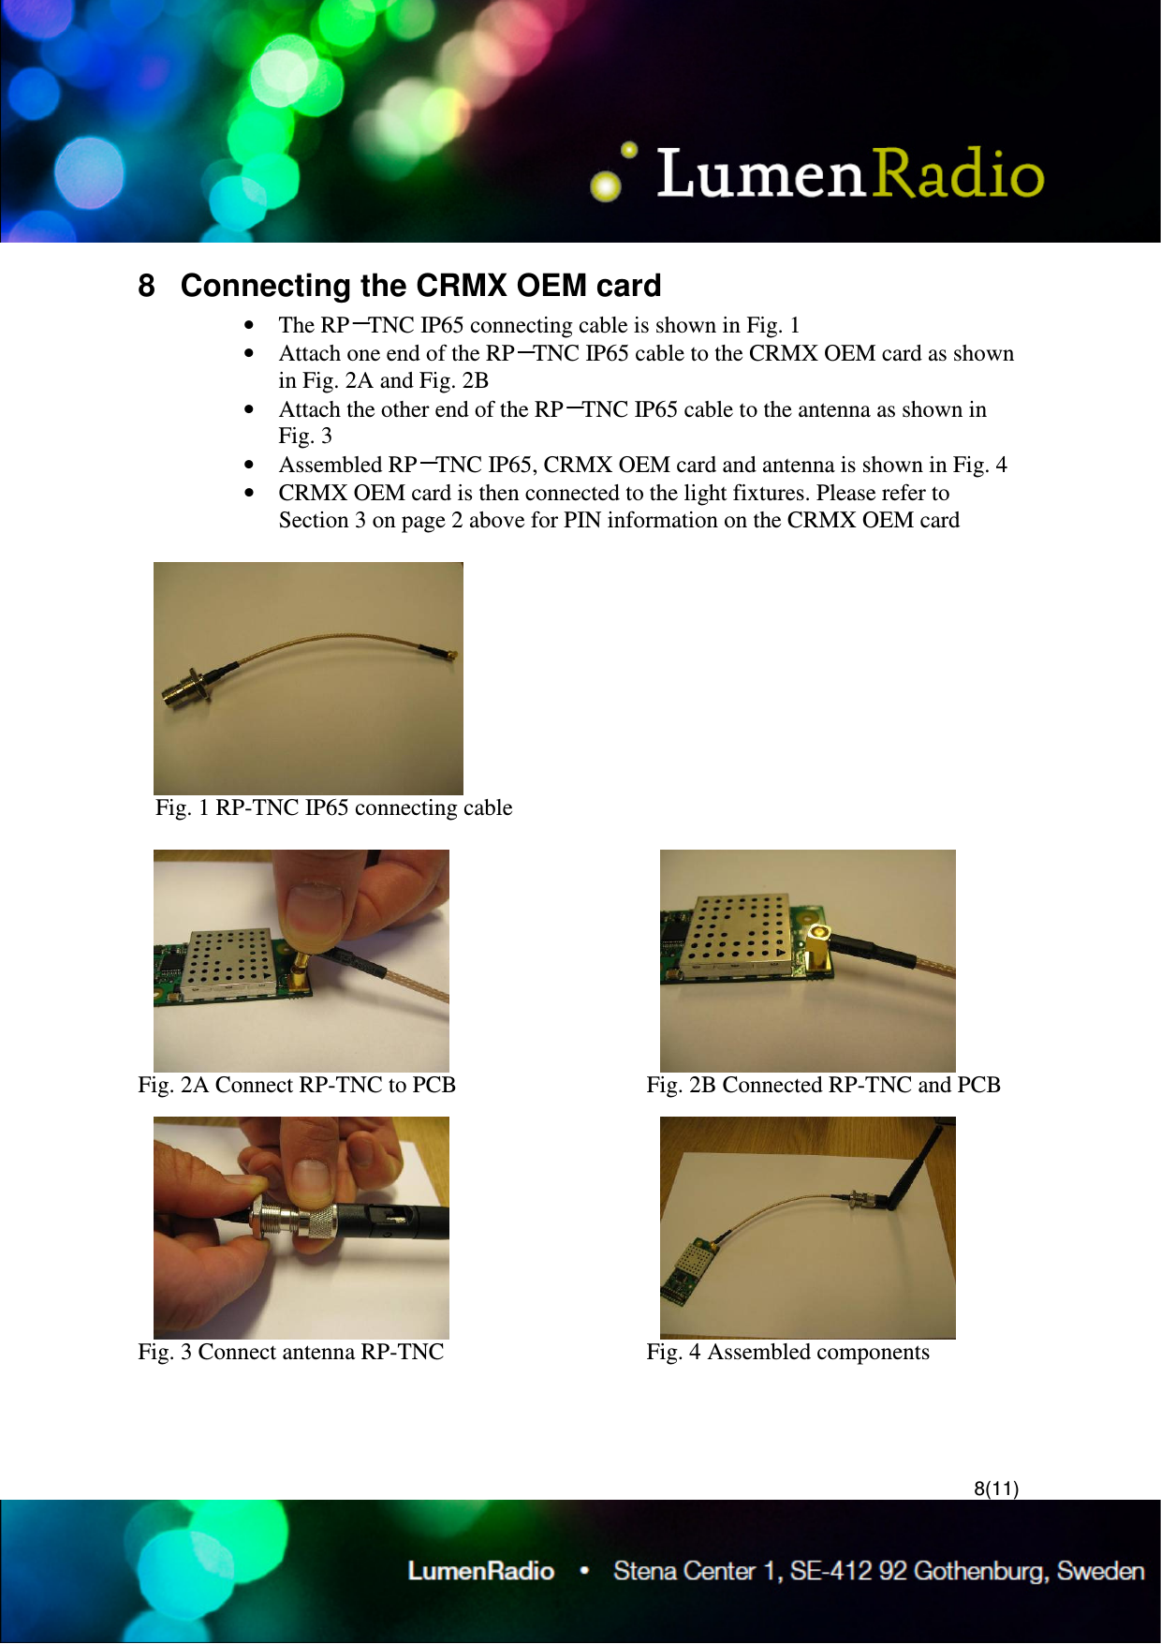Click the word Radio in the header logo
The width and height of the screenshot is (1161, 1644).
click(x=957, y=173)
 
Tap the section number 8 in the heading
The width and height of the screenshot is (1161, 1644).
click(x=146, y=286)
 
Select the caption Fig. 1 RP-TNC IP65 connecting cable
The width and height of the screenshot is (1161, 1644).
click(x=333, y=807)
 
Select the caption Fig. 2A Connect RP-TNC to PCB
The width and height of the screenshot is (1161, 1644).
click(x=296, y=1085)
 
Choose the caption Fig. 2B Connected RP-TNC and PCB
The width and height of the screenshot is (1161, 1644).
click(x=823, y=1085)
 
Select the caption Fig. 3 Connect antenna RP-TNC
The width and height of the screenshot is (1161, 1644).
click(x=290, y=1352)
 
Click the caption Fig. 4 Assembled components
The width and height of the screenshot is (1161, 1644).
click(x=787, y=1352)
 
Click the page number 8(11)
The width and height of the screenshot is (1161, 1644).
click(x=995, y=1488)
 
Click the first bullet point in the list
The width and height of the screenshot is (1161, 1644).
click(x=248, y=326)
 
